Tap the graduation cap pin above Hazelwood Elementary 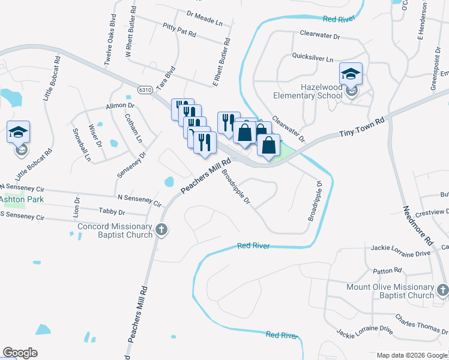tap(351, 74)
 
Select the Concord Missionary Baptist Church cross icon tap(161, 229)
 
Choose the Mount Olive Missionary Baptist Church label tap(390, 291)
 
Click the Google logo tap(20, 352)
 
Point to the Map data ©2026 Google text tap(412, 355)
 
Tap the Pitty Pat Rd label tap(179, 30)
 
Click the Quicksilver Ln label tap(312, 59)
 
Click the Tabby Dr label tap(113, 212)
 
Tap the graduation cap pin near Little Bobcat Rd tap(18, 133)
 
